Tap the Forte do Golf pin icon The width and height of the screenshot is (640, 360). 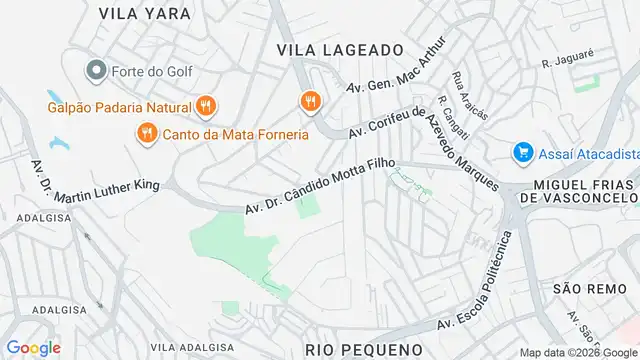[96, 70]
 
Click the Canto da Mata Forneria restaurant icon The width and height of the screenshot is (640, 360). [146, 132]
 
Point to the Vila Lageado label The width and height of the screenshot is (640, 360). [340, 49]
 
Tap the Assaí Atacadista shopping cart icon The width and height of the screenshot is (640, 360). [521, 152]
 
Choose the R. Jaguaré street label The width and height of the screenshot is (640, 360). [561, 62]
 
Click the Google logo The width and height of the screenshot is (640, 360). [33, 347]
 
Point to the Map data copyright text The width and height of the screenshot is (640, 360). [578, 352]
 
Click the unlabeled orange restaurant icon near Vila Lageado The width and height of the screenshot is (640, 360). [311, 100]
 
